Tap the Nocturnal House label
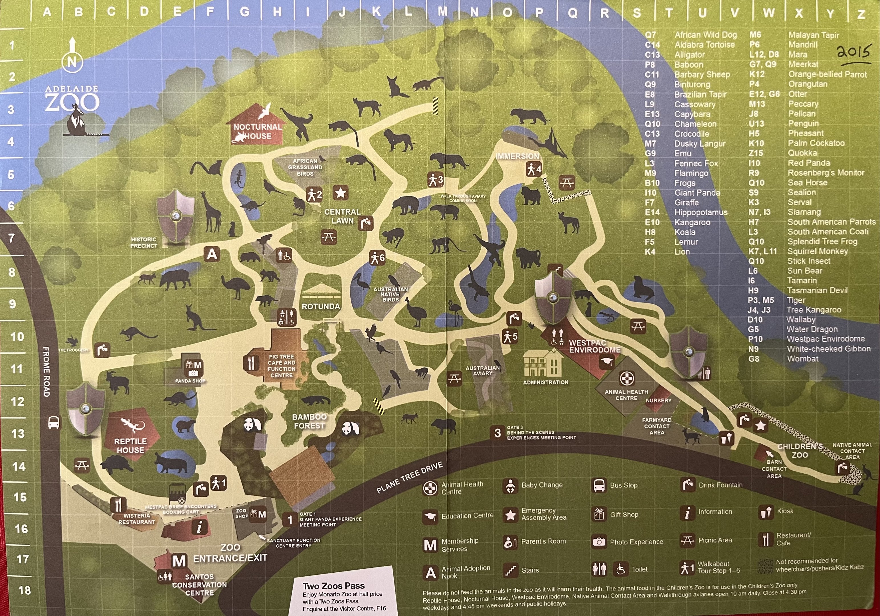tap(258, 131)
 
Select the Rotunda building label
tap(321, 307)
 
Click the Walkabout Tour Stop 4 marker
tap(534, 169)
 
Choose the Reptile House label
tap(130, 445)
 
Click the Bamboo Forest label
tap(309, 421)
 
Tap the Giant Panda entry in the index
tap(697, 193)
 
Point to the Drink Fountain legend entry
tap(720, 485)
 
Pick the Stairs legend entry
tap(530, 570)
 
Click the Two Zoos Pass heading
tap(333, 586)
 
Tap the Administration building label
tap(545, 382)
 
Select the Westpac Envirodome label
tap(594, 346)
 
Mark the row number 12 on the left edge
tap(17, 402)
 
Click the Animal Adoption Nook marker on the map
tap(212, 254)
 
